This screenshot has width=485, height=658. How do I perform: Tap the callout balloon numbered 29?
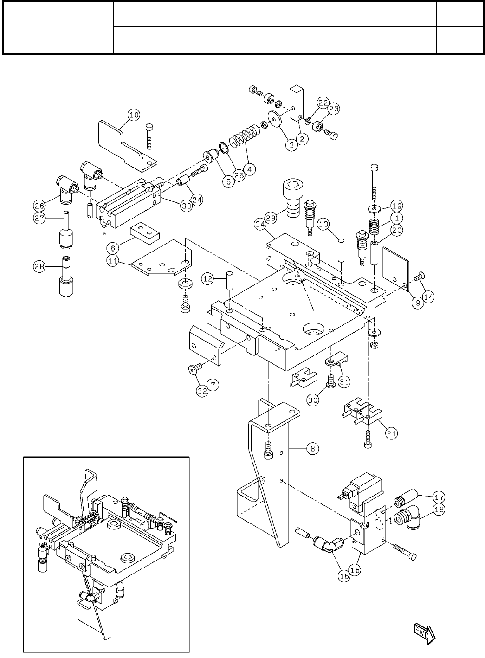[271, 216]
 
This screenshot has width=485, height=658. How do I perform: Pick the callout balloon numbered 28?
[39, 266]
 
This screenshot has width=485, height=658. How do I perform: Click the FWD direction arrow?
[422, 634]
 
